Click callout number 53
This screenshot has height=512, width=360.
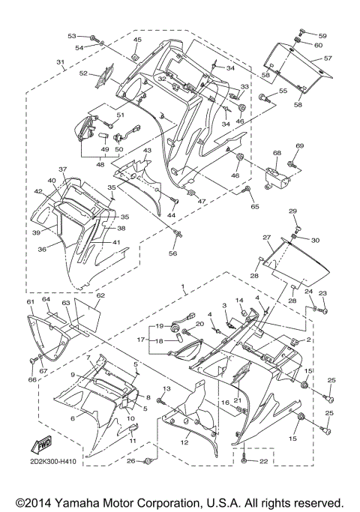click(x=72, y=36)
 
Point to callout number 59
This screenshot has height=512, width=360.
click(x=322, y=35)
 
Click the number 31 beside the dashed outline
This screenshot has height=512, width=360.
click(x=60, y=61)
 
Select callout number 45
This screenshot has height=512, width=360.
click(x=137, y=39)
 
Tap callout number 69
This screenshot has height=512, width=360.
click(x=299, y=145)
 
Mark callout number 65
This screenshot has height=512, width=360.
click(x=254, y=205)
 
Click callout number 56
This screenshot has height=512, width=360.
click(x=174, y=253)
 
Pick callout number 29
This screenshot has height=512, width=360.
click(x=293, y=211)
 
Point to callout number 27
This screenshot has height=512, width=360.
click(x=266, y=237)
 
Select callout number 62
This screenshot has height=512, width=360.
click(x=100, y=295)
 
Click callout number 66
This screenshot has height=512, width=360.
click(x=31, y=380)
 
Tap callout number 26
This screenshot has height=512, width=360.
click(x=131, y=460)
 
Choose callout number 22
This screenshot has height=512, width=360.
click(x=263, y=461)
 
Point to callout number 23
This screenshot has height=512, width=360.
click(x=323, y=293)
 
